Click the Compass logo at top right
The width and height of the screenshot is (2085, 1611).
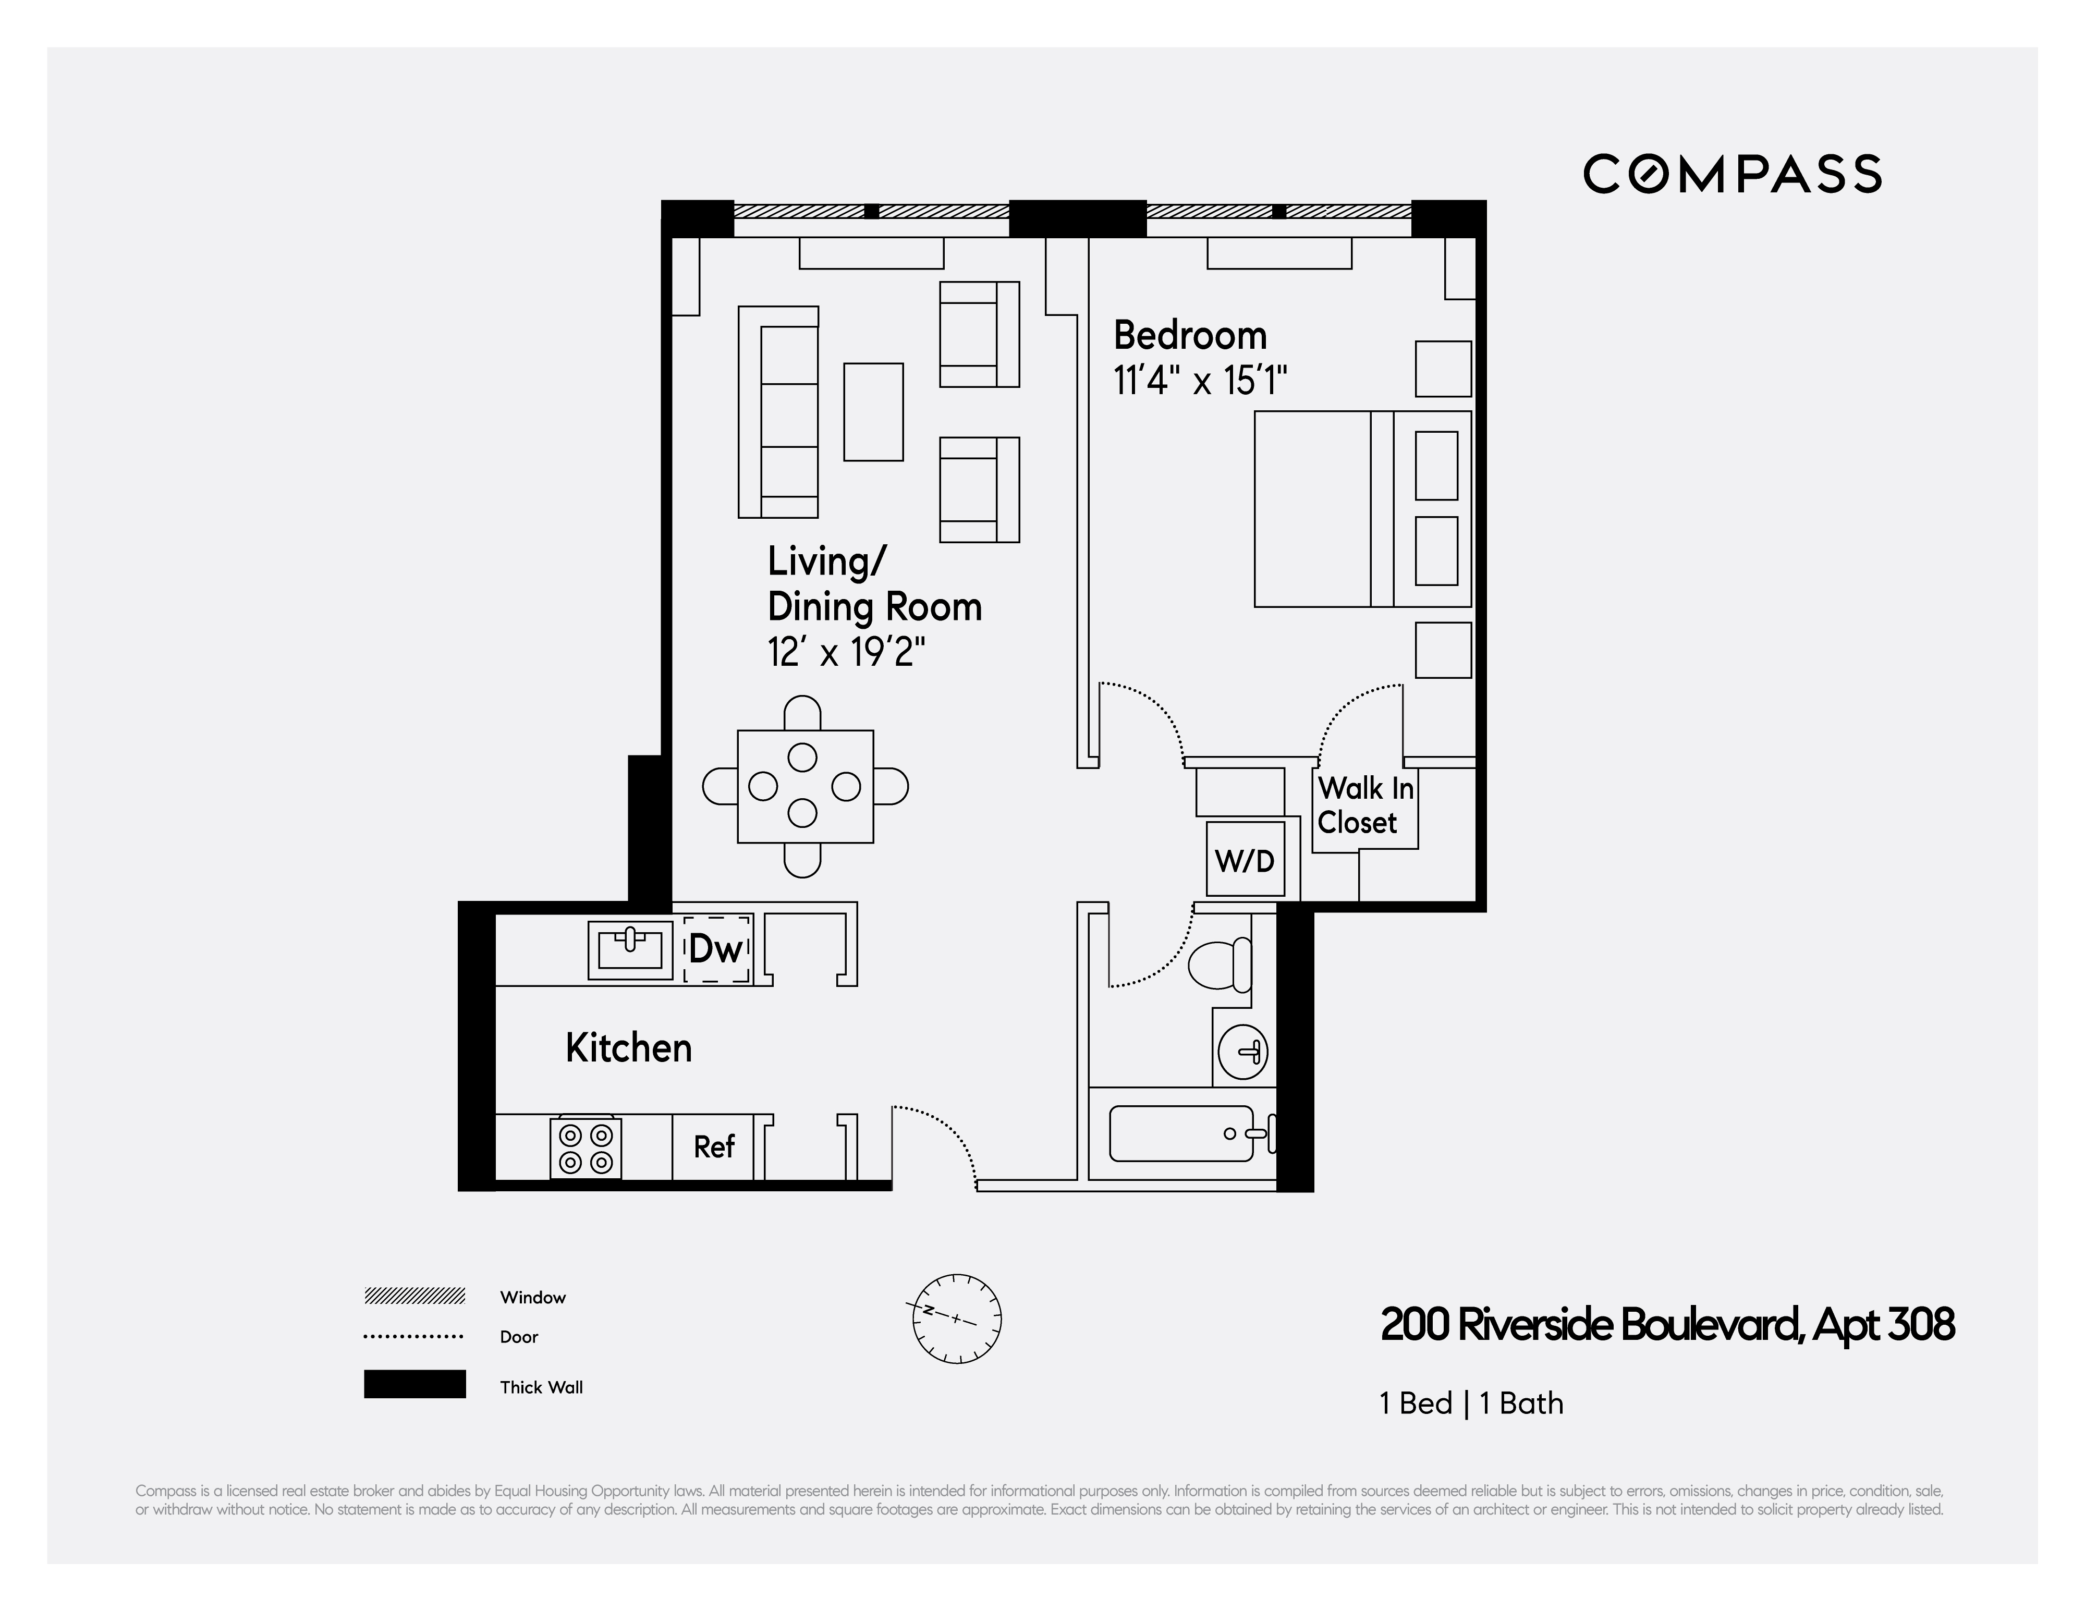click(x=1732, y=174)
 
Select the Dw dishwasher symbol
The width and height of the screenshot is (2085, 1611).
click(x=716, y=949)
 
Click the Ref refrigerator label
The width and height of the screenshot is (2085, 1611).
click(x=714, y=1146)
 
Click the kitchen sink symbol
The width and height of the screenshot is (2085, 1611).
click(x=630, y=949)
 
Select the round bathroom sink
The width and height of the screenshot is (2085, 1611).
click(x=1243, y=1052)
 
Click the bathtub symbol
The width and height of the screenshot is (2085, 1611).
click(x=1181, y=1134)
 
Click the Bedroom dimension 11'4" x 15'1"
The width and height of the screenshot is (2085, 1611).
click(x=1200, y=382)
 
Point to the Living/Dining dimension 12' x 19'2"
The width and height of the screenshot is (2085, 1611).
click(x=846, y=653)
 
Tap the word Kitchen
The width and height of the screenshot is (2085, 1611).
click(x=628, y=1048)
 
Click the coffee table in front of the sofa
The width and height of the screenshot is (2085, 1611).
click(x=873, y=411)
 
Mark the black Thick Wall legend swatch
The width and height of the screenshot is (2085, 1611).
click(x=414, y=1384)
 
